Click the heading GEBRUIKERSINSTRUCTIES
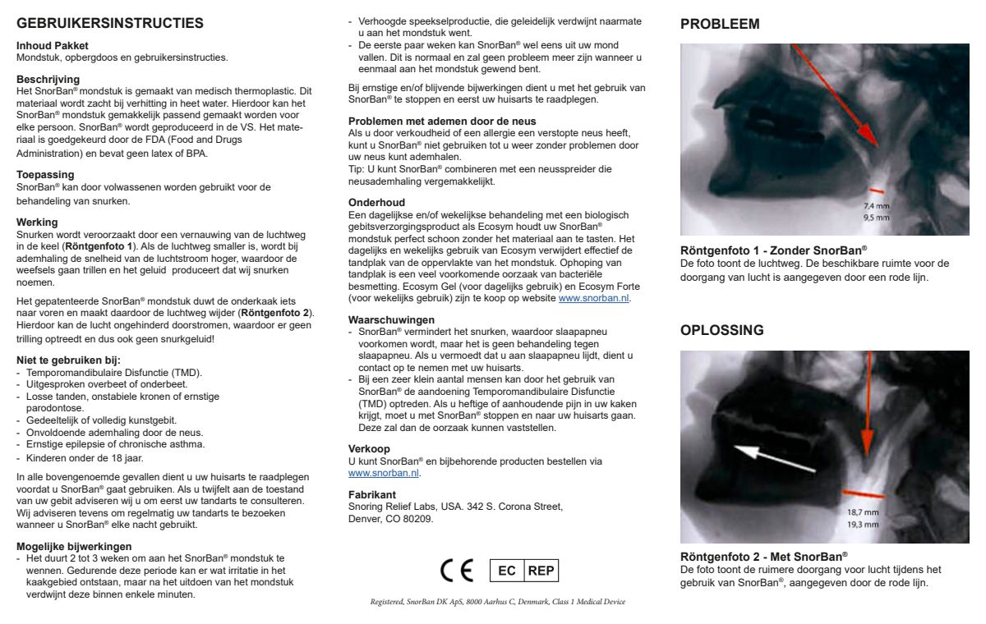[x=110, y=24]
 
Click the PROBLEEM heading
[x=720, y=25]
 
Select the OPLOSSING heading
[x=722, y=330]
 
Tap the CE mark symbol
[x=457, y=571]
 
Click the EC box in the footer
[x=506, y=571]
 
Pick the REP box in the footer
[x=541, y=571]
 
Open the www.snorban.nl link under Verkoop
[x=384, y=473]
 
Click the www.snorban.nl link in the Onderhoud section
[x=594, y=299]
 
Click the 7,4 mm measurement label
[x=876, y=206]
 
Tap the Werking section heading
[x=38, y=223]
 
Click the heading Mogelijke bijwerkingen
[x=75, y=546]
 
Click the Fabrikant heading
[x=372, y=494]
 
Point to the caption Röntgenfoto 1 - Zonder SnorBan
[x=774, y=250]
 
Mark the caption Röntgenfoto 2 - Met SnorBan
[x=764, y=556]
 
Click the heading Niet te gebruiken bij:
[x=69, y=360]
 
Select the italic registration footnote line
[x=497, y=602]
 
